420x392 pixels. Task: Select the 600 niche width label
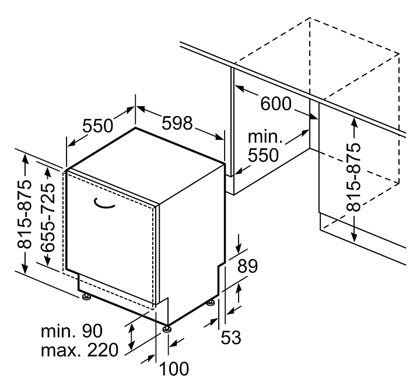click(275, 104)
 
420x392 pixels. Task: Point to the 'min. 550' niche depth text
click(264, 147)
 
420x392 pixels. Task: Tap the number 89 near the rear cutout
click(248, 266)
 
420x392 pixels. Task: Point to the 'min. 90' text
click(72, 331)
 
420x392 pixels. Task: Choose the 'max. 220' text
click(80, 350)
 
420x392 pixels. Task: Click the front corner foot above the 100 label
click(168, 328)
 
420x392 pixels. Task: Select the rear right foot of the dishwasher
click(209, 303)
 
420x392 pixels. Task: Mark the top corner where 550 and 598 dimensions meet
click(136, 128)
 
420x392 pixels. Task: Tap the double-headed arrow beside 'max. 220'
click(132, 337)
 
